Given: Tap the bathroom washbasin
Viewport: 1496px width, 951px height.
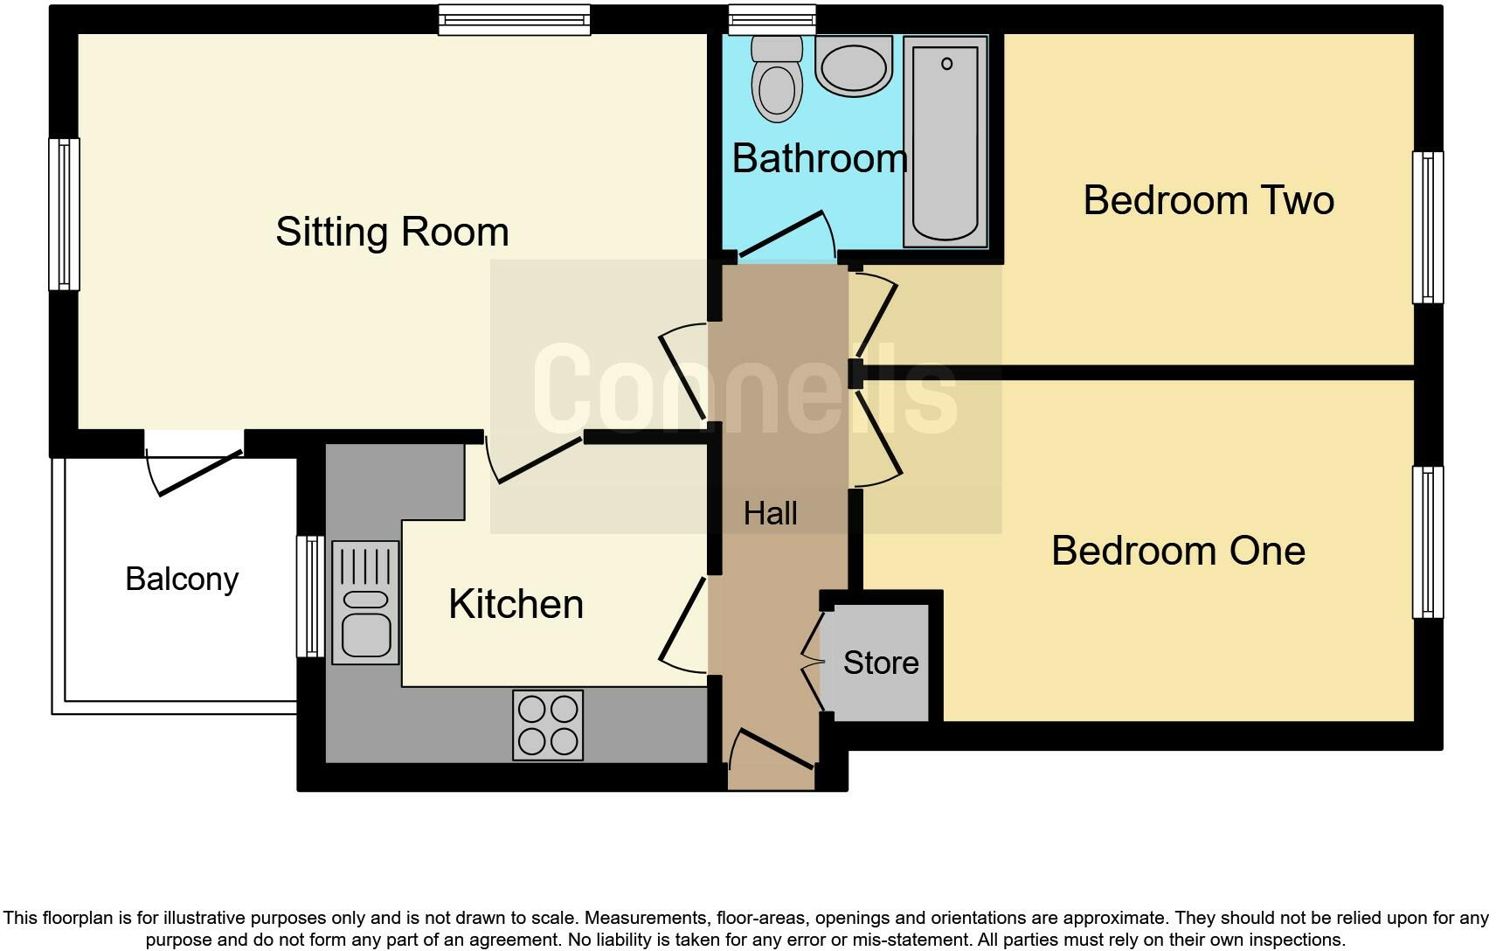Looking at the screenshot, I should [854, 66].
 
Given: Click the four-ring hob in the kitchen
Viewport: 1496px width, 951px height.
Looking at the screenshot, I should [548, 725].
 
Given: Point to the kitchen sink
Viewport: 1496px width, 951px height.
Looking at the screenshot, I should [365, 602].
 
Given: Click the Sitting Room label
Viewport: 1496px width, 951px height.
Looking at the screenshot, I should [391, 232].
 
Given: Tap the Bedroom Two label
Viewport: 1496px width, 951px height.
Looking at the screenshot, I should [1209, 200].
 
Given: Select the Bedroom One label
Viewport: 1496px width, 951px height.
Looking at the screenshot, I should [1178, 551].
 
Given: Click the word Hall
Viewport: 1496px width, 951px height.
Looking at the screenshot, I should [770, 514].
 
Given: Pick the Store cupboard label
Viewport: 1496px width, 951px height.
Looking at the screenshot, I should [880, 663].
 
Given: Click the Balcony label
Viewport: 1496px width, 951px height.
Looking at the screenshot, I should [182, 579].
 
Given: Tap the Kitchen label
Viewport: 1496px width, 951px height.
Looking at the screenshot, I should [516, 605].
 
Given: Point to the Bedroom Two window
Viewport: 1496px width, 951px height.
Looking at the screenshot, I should [1427, 227].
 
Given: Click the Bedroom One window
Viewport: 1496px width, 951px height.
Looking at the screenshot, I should [1427, 542].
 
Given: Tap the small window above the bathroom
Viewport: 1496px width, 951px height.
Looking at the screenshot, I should [772, 19].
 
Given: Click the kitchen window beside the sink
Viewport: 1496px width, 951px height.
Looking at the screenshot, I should [310, 596].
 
